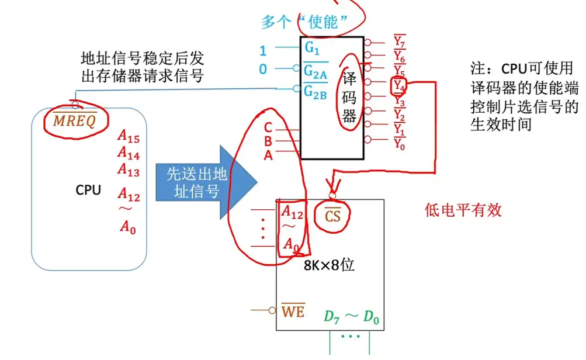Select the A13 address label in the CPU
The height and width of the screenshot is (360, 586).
point(129,169)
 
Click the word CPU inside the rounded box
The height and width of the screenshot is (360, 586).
point(88,190)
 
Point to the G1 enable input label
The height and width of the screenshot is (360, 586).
point(312,47)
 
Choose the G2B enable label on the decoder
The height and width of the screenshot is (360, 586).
point(315,91)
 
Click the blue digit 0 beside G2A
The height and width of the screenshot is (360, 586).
point(262,70)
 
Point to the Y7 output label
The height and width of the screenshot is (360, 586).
point(399,42)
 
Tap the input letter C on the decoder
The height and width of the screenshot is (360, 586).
point(268,128)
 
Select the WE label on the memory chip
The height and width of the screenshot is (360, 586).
point(293,312)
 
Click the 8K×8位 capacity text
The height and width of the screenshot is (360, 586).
point(329,265)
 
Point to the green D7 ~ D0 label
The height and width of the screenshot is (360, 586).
point(351,318)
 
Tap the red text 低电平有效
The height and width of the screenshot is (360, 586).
point(463,211)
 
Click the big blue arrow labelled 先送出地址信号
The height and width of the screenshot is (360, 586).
point(202,182)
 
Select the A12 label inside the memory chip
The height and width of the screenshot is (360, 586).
point(292,212)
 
